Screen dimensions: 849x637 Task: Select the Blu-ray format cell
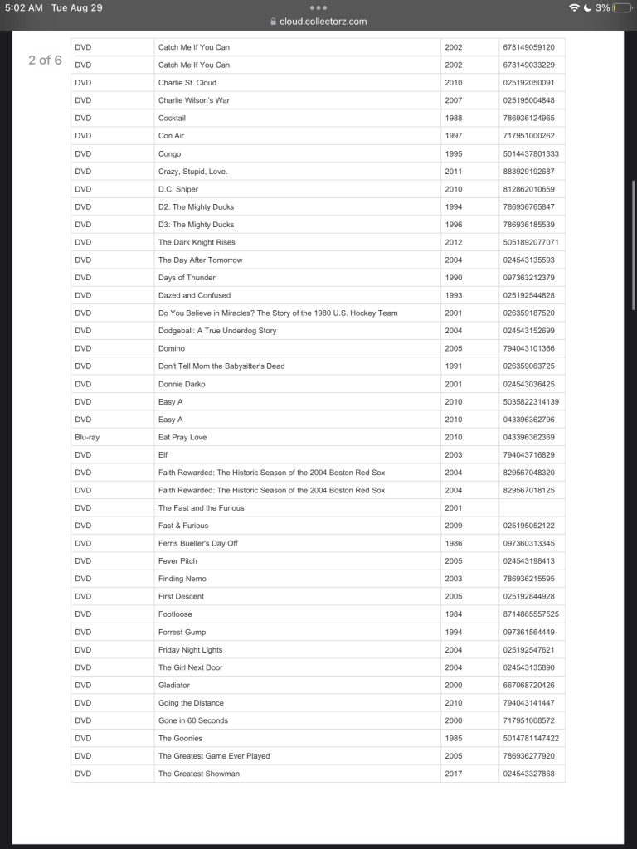(87, 437)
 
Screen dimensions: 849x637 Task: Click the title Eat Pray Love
(182, 437)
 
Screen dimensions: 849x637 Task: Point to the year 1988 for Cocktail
(454, 118)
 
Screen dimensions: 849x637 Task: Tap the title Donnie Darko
(182, 384)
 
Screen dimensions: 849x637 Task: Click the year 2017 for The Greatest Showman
(454, 774)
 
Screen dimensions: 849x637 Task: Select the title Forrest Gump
(182, 632)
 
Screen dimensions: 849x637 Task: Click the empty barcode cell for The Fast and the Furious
(531, 507)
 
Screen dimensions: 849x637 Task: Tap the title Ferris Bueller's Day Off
(198, 543)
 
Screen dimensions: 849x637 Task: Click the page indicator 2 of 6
(45, 61)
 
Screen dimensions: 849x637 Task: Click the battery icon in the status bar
(622, 7)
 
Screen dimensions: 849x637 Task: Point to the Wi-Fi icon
(574, 7)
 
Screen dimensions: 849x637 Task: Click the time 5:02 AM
(23, 7)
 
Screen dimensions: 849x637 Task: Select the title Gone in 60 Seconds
(193, 720)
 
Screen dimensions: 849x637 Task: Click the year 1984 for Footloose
(454, 614)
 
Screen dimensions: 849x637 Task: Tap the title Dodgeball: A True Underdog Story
(217, 331)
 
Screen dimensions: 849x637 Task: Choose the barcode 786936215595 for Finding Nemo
(528, 579)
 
